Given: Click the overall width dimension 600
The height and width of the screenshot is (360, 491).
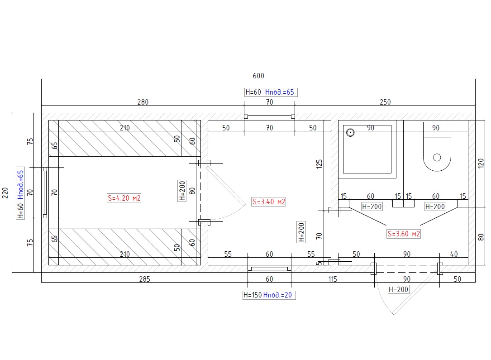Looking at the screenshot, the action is pos(258,76).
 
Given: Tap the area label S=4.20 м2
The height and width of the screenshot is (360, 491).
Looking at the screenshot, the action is pos(124,198).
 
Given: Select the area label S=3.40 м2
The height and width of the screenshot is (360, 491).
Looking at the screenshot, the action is pos(269,202).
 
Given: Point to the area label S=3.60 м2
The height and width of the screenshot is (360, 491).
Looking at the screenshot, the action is pos(404,234).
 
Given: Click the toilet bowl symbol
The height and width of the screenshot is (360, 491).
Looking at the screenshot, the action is pos(437,147).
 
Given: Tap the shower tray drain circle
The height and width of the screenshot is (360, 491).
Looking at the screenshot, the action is pos(350,133).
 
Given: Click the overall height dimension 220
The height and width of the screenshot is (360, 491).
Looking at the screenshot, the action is pos(5,193).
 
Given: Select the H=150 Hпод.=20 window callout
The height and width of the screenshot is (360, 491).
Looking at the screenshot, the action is pos(269,295).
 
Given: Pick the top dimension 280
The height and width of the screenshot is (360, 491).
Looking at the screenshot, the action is pos(143,102).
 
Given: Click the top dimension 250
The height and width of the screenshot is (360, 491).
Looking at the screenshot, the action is pos(385,102).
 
